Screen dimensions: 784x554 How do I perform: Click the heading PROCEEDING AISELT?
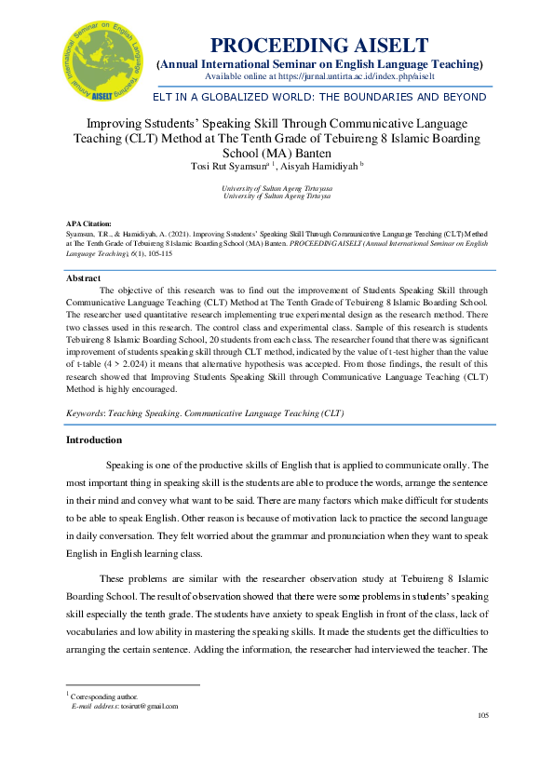(x=319, y=46)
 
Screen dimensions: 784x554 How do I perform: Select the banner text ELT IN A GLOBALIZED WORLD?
(x=319, y=97)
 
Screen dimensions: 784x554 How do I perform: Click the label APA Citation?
(x=88, y=224)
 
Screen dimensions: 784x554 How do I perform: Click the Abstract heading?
(x=84, y=278)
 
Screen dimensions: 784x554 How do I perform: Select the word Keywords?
(x=86, y=412)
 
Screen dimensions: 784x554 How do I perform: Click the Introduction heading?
(x=93, y=439)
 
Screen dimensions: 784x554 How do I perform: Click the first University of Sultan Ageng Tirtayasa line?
(x=277, y=188)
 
